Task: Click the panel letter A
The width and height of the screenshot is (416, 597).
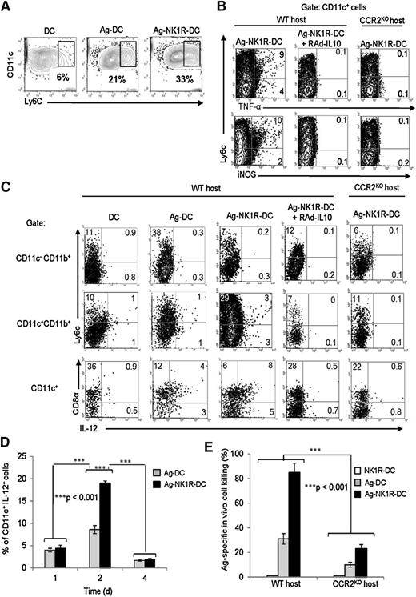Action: click(7, 7)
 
